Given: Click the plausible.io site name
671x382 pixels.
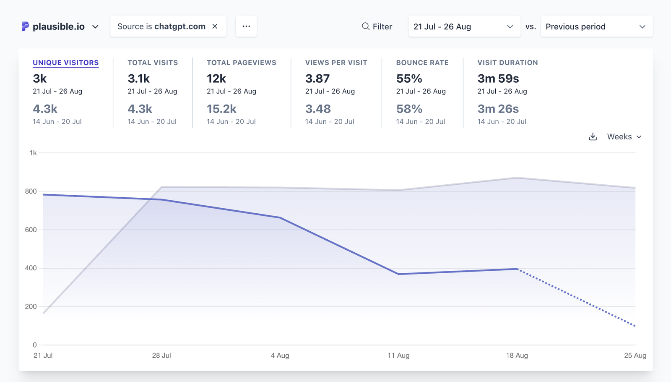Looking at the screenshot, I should tap(58, 26).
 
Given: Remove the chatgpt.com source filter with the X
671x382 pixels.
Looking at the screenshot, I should tap(215, 26).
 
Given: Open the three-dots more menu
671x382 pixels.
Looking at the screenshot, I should tap(246, 26).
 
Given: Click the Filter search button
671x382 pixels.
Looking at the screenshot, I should tap(377, 26).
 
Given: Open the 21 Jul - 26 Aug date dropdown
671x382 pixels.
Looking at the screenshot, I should tap(464, 26).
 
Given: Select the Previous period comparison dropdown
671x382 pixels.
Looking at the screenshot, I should tap(596, 26).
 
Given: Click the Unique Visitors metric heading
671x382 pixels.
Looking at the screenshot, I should tap(66, 63).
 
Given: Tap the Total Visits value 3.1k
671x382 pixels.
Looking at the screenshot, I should tap(139, 78).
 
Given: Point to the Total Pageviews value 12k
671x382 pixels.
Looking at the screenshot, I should tap(216, 78).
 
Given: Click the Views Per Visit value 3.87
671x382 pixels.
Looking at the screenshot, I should tap(317, 78).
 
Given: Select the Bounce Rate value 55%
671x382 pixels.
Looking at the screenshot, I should tap(409, 78).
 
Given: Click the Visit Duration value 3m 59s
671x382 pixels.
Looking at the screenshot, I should tap(498, 78).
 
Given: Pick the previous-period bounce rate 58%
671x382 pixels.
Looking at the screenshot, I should tap(409, 109).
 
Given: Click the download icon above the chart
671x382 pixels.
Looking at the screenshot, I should tap(593, 137).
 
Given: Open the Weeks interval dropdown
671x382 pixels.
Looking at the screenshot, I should tap(624, 137).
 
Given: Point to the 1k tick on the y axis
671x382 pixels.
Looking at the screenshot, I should tap(33, 153).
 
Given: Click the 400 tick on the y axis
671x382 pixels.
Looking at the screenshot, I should tap(31, 268).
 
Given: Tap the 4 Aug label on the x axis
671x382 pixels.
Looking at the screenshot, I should tap(280, 356).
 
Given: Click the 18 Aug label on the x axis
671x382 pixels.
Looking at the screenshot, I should tap(517, 356).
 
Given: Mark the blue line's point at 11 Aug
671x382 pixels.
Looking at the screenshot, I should tap(398, 274).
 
